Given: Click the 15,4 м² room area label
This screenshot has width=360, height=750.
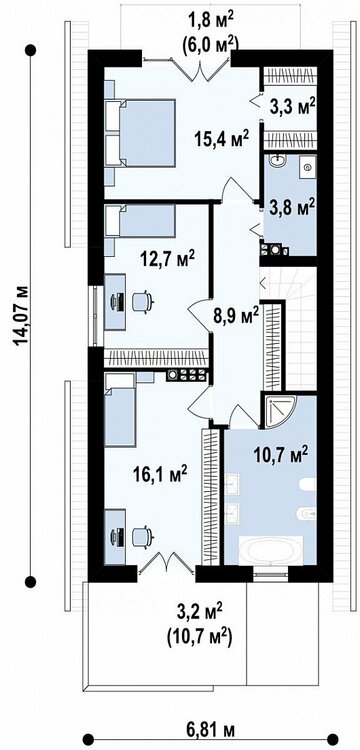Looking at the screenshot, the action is [x=221, y=139].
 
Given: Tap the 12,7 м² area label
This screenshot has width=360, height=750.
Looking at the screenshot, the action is [x=167, y=260].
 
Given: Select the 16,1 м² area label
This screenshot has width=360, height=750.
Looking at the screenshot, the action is [x=159, y=474].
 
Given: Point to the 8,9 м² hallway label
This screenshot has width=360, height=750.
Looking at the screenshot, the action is [x=236, y=316].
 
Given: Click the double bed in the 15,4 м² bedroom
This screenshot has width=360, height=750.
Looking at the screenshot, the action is [x=140, y=133].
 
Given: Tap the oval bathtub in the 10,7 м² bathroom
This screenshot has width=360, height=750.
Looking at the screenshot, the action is [x=271, y=549].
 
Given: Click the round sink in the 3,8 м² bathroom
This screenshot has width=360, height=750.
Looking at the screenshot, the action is [x=278, y=161].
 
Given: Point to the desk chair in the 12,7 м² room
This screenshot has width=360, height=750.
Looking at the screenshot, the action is [x=142, y=302].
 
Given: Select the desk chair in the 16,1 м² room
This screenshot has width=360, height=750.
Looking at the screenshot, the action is [x=142, y=536].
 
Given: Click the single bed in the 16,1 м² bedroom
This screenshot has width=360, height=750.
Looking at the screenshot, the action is [x=120, y=410].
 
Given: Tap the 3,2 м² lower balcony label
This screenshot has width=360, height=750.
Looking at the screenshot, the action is [x=199, y=611].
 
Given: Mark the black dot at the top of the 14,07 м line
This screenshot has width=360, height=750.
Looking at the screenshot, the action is [x=31, y=49].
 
